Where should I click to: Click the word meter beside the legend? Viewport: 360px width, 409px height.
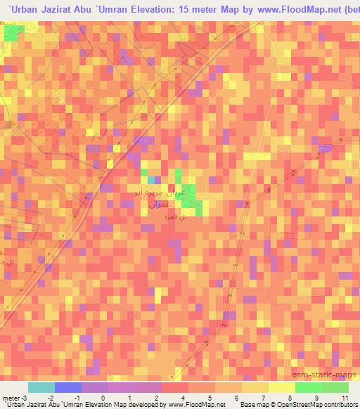pyautogui.click(x=10, y=398)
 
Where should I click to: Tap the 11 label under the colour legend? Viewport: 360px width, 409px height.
pyautogui.click(x=345, y=398)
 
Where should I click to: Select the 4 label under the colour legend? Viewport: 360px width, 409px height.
pyautogui.click(x=182, y=398)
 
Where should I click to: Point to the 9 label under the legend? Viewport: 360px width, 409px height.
pyautogui.click(x=316, y=398)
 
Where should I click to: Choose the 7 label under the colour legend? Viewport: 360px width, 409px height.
pyautogui.click(x=262, y=398)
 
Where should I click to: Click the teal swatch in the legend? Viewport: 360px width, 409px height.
pyautogui.click(x=41, y=387)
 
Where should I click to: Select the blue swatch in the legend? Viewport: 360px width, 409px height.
pyautogui.click(x=67, y=387)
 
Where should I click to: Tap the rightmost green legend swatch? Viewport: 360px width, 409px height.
pyautogui.click(x=335, y=387)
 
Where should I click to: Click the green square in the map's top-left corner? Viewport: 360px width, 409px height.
pyautogui.click(x=13, y=32)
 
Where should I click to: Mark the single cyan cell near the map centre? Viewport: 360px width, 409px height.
pyautogui.click(x=151, y=180)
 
